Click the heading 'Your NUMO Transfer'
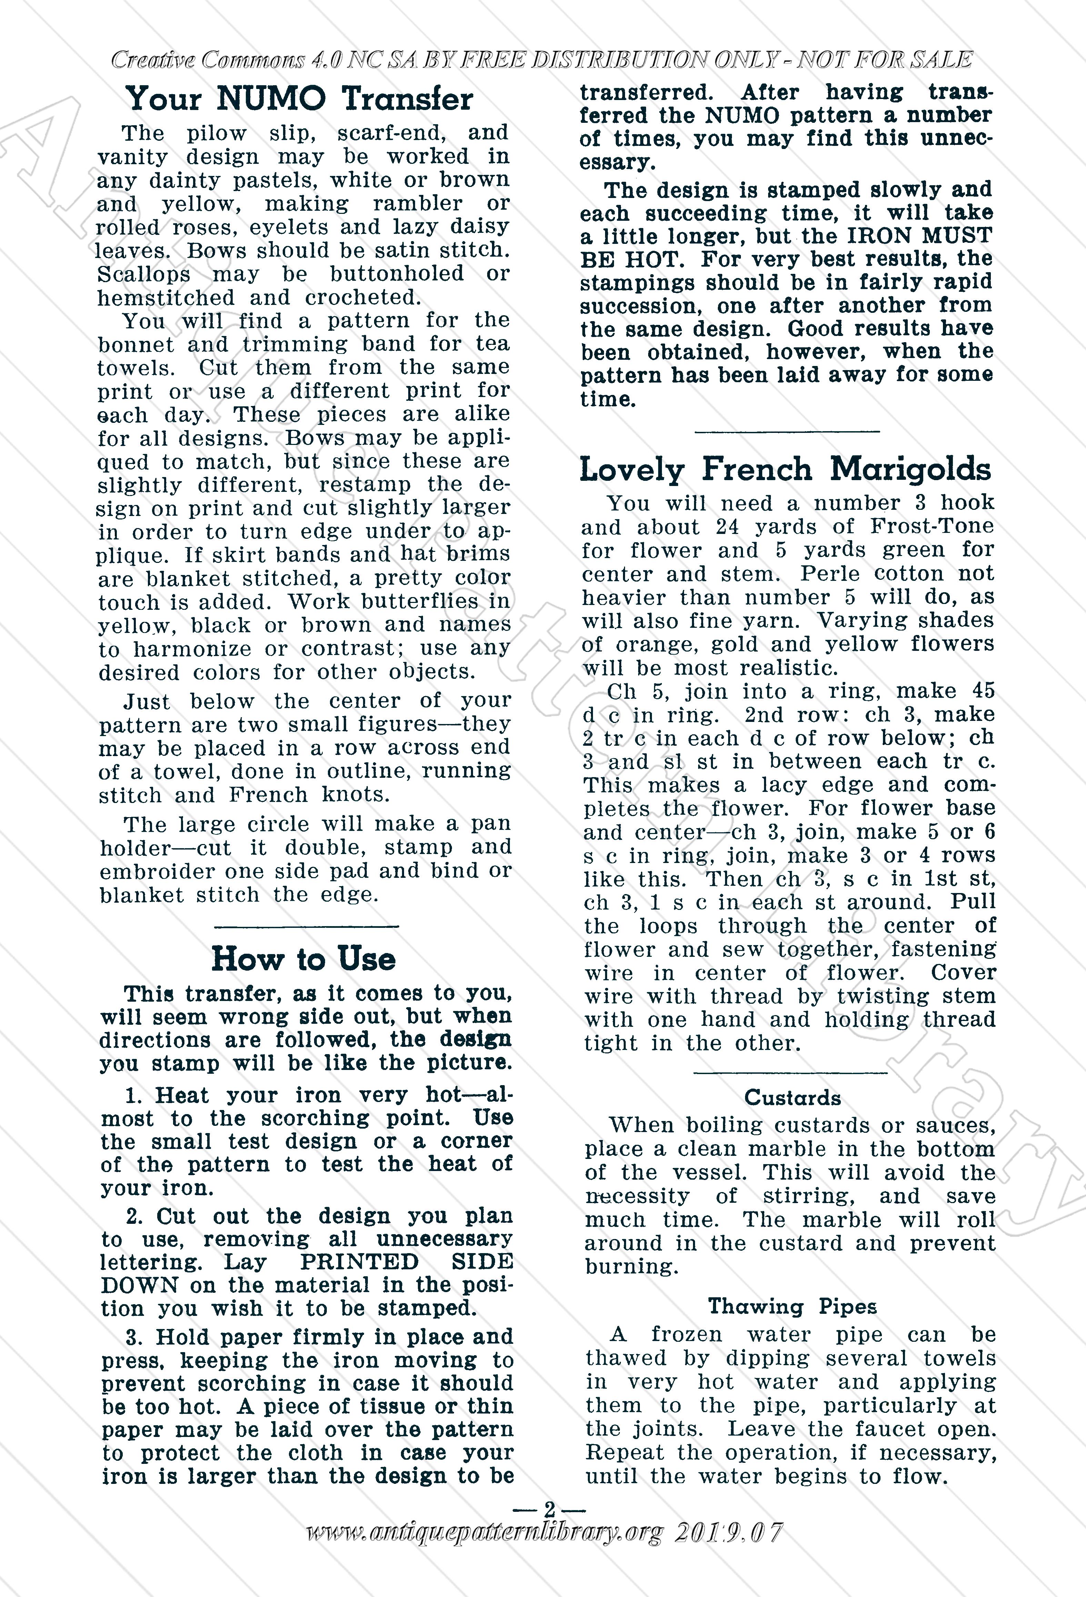300,99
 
